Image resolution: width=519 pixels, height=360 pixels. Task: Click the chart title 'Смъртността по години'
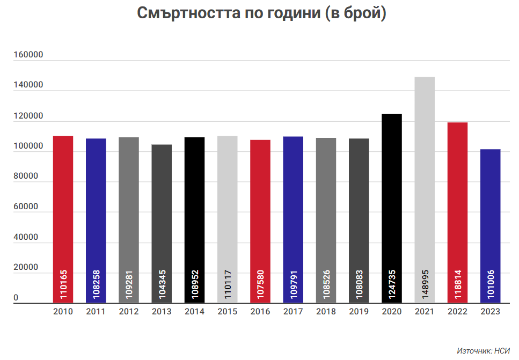coord(261,14)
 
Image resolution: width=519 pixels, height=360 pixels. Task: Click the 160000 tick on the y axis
coord(28,55)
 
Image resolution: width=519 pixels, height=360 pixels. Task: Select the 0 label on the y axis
coord(16,298)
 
